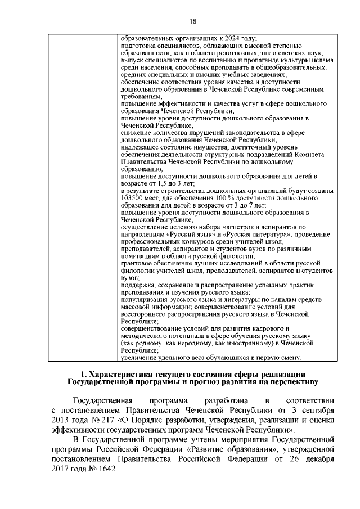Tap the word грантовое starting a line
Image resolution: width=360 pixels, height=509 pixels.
[x=137, y=263]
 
